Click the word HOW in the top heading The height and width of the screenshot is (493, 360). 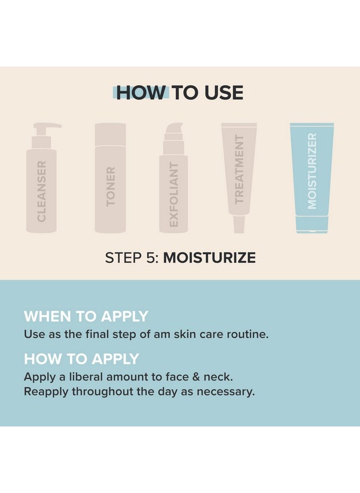click(141, 93)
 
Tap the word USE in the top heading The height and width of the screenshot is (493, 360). click(224, 93)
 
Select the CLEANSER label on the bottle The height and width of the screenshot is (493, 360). click(41, 191)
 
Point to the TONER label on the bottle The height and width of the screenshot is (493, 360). click(111, 187)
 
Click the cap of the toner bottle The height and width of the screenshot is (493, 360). click(110, 134)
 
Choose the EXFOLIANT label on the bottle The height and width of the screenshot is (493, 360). click(174, 194)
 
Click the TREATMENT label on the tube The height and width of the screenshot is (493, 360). click(239, 170)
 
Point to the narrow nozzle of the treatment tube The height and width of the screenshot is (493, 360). click(239, 224)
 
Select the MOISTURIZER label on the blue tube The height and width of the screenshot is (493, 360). click(312, 171)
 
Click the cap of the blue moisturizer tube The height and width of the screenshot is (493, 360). click(312, 224)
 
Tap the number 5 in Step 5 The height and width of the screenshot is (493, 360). click(151, 258)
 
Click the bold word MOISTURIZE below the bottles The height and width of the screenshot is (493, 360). click(209, 258)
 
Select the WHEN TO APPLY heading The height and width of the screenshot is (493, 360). click(86, 316)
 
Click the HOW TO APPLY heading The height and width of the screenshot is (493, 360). click(81, 359)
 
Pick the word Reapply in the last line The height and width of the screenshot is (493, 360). click(46, 392)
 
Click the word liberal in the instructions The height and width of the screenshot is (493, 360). click(86, 377)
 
